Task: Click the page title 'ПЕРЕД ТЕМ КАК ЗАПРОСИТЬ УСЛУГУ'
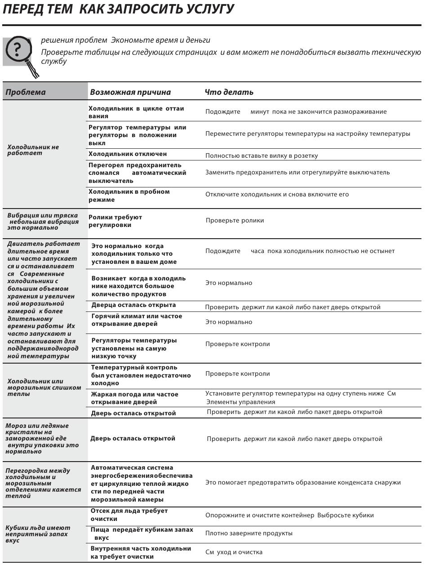pyautogui.click(x=118, y=9)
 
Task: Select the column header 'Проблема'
pyautogui.click(x=26, y=92)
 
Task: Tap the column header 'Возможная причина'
pyautogui.click(x=130, y=92)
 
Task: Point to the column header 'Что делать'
pyautogui.click(x=229, y=92)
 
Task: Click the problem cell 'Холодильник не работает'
pyautogui.click(x=33, y=150)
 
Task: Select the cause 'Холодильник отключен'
pyautogui.click(x=128, y=154)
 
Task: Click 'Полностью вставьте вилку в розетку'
pyautogui.click(x=262, y=156)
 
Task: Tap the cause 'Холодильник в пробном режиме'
pyautogui.click(x=129, y=196)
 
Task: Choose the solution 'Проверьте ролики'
pyautogui.click(x=235, y=221)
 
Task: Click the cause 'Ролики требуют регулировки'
pyautogui.click(x=115, y=221)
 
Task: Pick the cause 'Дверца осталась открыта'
pyautogui.click(x=133, y=305)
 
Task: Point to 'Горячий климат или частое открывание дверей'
pyautogui.click(x=137, y=320)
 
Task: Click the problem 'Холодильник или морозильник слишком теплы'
pyautogui.click(x=44, y=387)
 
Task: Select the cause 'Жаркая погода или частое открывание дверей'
pyautogui.click(x=134, y=398)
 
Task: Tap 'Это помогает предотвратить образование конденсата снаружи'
pyautogui.click(x=303, y=483)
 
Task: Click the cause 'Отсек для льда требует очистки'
pyautogui.click(x=129, y=515)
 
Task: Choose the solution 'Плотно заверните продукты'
pyautogui.click(x=249, y=533)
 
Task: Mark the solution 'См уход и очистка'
pyautogui.click(x=234, y=552)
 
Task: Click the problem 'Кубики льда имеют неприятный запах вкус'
pyautogui.click(x=38, y=534)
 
